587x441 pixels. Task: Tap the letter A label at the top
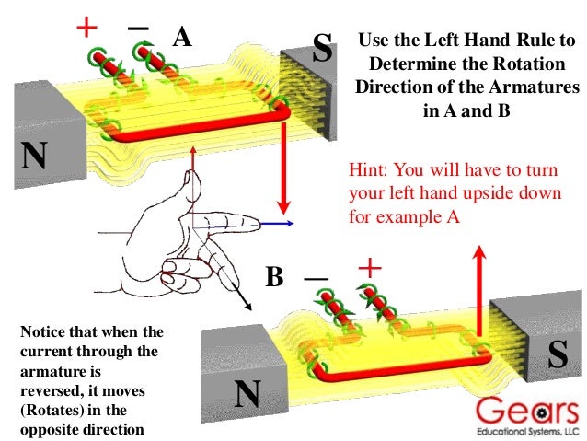tap(182, 38)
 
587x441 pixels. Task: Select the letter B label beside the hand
tap(274, 277)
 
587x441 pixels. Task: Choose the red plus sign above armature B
tap(369, 269)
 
